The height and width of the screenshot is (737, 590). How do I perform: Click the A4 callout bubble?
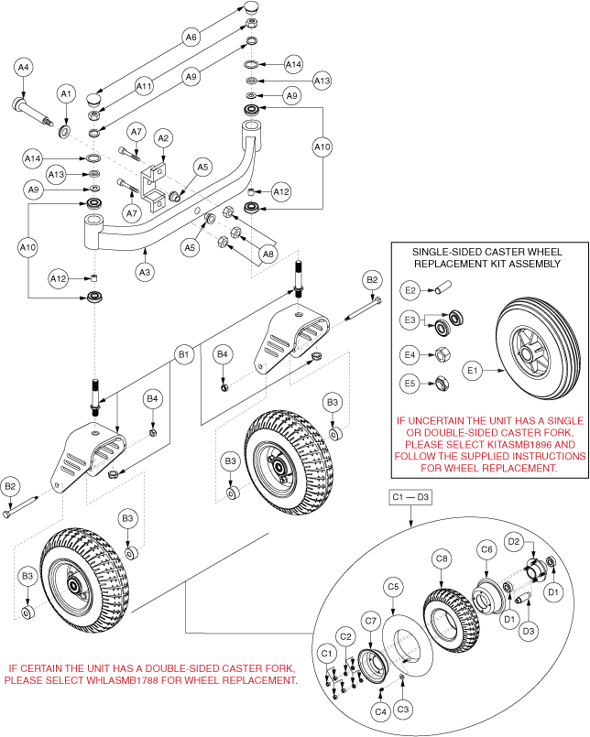[24, 67]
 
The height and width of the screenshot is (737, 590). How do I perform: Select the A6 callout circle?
[191, 38]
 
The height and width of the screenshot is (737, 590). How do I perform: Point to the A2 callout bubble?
[162, 138]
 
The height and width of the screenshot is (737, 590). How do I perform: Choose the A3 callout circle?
[145, 271]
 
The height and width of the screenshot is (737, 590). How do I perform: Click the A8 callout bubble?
[268, 254]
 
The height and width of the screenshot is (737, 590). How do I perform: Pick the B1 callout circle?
[183, 353]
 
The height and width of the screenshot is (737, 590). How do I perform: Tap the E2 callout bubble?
[410, 290]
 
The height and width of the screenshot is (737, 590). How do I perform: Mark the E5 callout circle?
[410, 383]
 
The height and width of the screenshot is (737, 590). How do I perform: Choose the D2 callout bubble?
[514, 542]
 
